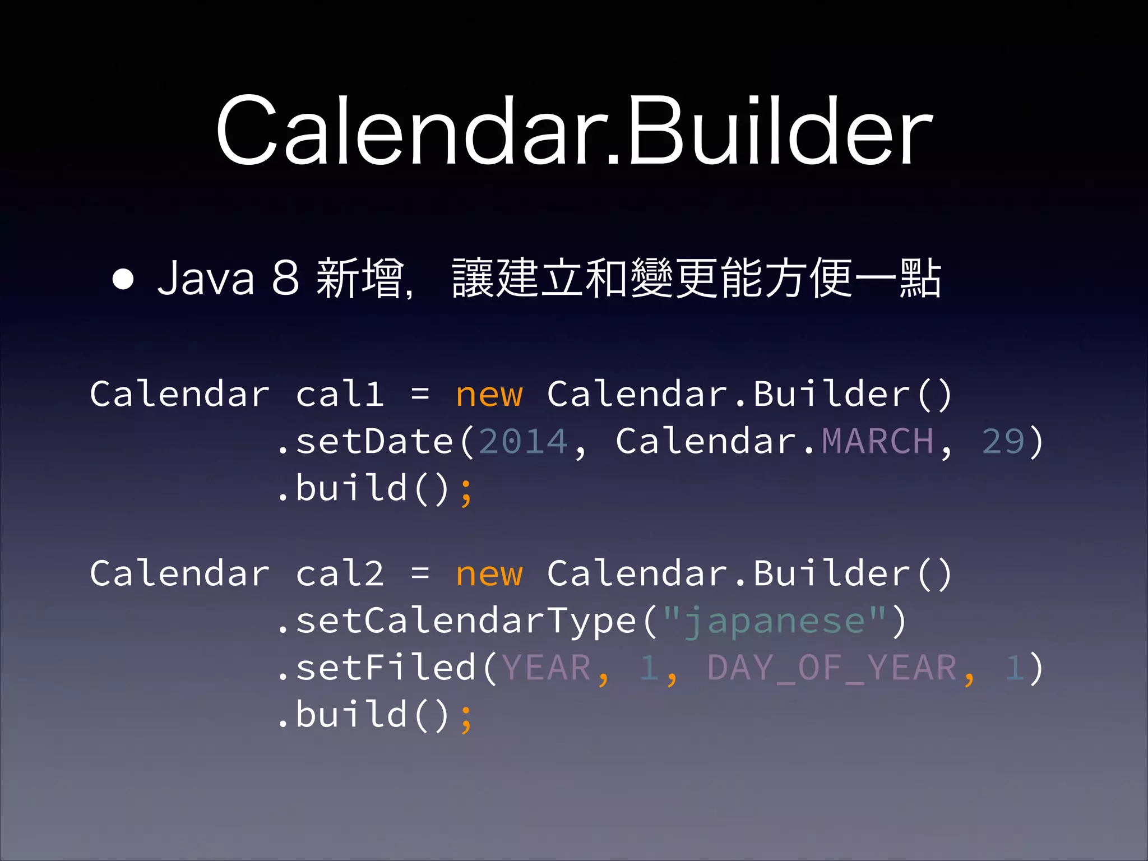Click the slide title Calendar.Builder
coord(574,132)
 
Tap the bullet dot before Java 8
coord(123,279)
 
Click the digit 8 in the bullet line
coord(285,278)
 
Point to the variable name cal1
coord(340,394)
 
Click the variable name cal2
coord(340,573)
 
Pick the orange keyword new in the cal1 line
coord(489,394)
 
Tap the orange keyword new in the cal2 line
coord(489,573)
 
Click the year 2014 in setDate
coord(524,441)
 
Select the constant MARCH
coord(877,441)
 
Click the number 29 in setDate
coord(1003,441)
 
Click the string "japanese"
coord(774,621)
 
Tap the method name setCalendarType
coord(466,621)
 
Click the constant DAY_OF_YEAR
coord(832,668)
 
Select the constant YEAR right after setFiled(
coord(546,668)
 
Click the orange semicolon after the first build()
coord(466,491)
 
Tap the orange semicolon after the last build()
coord(466,717)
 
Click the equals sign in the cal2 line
coord(420,573)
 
